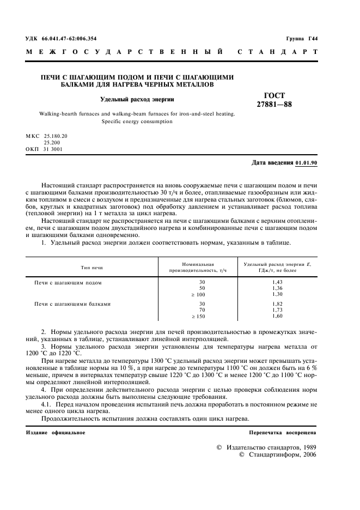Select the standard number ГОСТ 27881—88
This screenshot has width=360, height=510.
coord(274,100)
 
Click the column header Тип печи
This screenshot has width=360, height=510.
coord(92,268)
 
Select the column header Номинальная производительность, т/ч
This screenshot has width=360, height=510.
coord(197,268)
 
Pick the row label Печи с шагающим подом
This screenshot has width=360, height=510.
coord(69,283)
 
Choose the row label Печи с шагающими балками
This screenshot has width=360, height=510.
coord(72,304)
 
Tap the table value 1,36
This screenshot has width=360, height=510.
coord(278,289)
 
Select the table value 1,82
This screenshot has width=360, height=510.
coord(278,304)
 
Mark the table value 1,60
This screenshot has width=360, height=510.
coord(278,316)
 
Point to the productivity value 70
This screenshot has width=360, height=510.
coord(202,309)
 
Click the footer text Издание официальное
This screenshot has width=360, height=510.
coord(56,432)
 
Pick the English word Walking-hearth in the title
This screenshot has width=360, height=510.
coord(57,114)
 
